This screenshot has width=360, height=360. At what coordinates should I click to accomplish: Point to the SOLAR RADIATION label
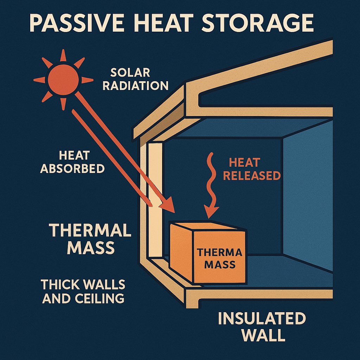(x=135, y=79)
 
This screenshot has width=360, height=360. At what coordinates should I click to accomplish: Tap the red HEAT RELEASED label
(x=252, y=169)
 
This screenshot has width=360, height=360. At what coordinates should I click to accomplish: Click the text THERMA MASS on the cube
(x=220, y=258)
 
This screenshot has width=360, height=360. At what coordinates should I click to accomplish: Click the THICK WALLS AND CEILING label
(x=83, y=291)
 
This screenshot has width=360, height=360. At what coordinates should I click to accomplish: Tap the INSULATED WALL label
(x=262, y=327)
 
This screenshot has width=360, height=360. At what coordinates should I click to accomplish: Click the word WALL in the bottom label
(x=263, y=335)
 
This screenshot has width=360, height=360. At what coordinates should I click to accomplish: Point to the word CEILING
(x=99, y=298)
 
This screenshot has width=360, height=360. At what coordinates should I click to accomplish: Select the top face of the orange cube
(x=207, y=226)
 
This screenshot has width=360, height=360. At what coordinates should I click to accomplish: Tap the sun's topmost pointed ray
(x=63, y=55)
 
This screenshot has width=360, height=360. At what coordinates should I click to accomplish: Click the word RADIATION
(x=135, y=85)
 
